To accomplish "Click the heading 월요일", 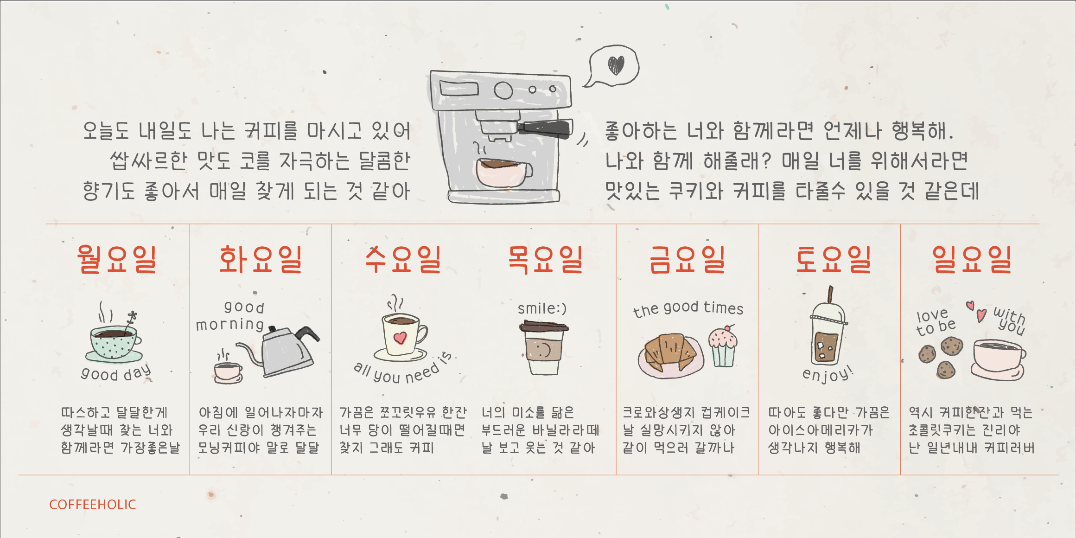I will (116, 259).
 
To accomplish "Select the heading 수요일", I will (402, 259).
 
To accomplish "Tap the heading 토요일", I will (833, 259).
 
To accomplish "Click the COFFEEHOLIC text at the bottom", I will (93, 505).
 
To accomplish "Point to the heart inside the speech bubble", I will (616, 65).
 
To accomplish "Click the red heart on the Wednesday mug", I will (400, 338).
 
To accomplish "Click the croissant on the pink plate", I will (669, 352).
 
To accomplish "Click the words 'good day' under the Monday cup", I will (116, 373).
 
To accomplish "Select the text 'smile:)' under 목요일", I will (542, 308).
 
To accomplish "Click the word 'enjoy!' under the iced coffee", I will (828, 374).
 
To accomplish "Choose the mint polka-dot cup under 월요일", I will (114, 343).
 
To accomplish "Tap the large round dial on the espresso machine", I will (503, 90).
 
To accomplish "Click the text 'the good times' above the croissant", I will (688, 308).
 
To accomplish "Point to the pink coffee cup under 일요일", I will (998, 357).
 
